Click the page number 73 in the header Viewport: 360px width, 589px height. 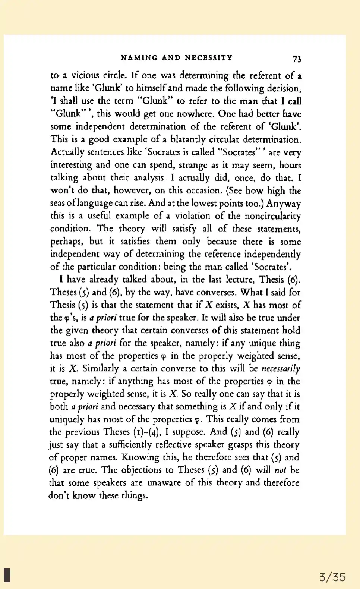(x=296, y=58)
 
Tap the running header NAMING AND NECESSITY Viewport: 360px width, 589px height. (x=177, y=58)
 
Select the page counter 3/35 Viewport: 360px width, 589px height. (x=332, y=577)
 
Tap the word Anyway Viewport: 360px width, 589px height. (x=284, y=203)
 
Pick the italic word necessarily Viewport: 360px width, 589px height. (x=281, y=369)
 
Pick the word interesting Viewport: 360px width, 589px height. (x=71, y=165)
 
